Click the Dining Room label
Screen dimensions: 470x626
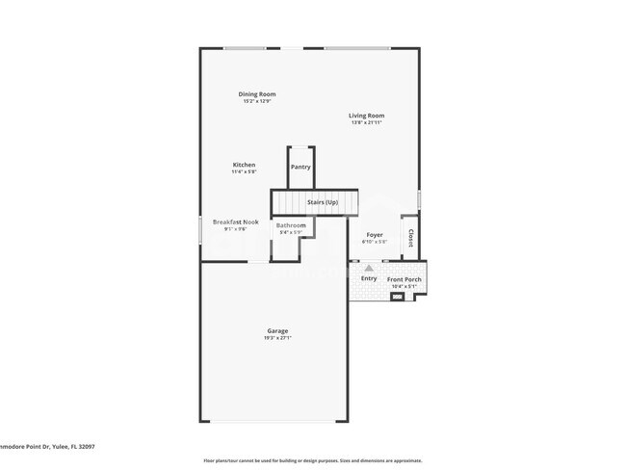point(257,93)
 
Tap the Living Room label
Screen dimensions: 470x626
point(366,116)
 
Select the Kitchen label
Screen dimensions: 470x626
point(244,165)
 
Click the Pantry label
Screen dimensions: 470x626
point(300,167)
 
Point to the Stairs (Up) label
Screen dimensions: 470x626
point(322,202)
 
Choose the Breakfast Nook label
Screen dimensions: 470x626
point(235,222)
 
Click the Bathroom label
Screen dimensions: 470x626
point(291,225)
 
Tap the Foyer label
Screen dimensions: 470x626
point(374,234)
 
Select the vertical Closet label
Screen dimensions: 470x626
point(411,237)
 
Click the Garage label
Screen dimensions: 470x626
point(276,331)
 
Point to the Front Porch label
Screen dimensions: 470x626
point(404,279)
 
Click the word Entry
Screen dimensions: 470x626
point(369,279)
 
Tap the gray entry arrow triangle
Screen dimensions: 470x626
point(368,268)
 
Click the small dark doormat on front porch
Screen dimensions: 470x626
point(397,298)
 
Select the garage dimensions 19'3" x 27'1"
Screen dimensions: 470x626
point(276,338)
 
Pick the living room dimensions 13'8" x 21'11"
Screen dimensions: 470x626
point(366,122)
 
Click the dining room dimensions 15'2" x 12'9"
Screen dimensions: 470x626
point(257,100)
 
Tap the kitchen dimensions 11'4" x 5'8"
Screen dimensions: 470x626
point(244,171)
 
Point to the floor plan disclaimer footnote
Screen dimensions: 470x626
point(312,460)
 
